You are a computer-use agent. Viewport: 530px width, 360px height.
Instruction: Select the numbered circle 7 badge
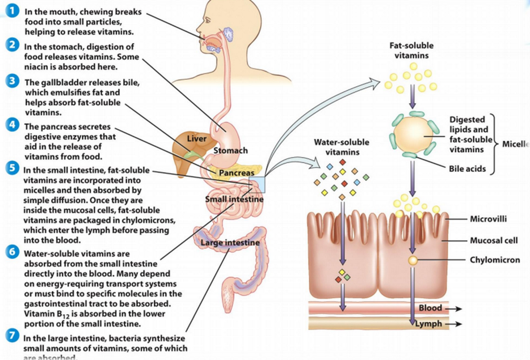[x=9, y=336]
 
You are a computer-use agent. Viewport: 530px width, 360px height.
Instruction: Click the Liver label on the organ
[x=197, y=139]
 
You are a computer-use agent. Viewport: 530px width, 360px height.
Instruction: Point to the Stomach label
[x=230, y=151]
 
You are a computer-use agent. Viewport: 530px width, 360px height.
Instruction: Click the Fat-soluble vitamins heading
[x=412, y=50]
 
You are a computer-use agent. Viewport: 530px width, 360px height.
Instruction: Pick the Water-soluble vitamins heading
[x=342, y=146]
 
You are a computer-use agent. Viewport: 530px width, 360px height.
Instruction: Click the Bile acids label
[x=467, y=169]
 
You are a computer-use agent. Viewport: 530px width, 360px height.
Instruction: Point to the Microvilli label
[x=489, y=219]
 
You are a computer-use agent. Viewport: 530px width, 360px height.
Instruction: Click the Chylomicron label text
[x=494, y=260]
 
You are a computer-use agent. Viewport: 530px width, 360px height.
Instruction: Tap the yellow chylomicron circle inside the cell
[x=413, y=261]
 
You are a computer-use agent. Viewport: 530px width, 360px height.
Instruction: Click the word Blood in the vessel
[x=430, y=308]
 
